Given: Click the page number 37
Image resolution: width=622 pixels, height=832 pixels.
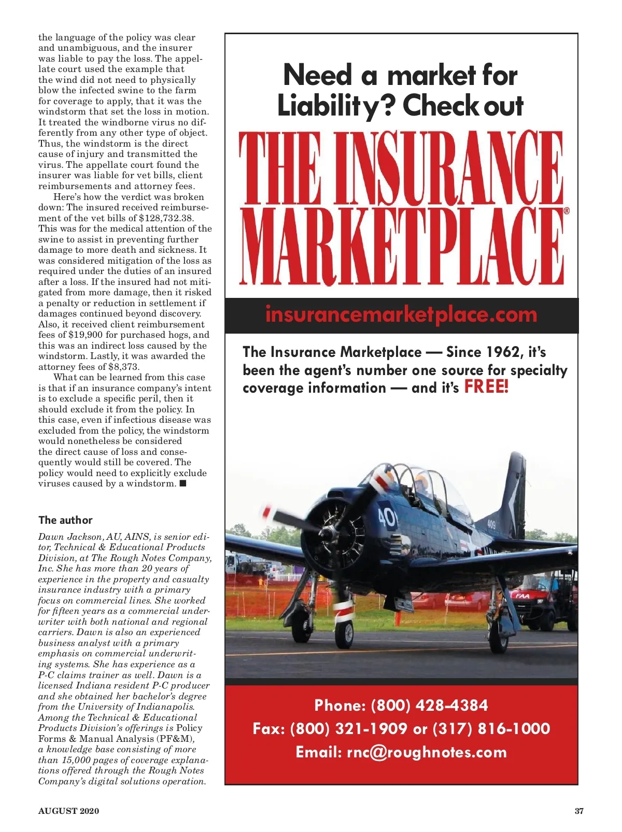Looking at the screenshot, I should tap(579, 811).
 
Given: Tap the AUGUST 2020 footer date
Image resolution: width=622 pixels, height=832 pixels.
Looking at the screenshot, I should tap(68, 811).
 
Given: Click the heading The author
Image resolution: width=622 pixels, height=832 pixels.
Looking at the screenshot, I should tap(65, 520).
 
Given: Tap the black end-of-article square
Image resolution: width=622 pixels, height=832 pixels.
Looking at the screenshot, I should tap(183, 484).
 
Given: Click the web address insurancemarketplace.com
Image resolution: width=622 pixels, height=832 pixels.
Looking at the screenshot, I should tap(401, 315).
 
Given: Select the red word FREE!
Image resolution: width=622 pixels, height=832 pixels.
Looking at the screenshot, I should tap(486, 386).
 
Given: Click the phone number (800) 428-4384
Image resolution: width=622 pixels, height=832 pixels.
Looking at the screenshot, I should tap(430, 705).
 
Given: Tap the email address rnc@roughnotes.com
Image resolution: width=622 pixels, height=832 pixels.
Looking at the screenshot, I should tap(427, 752).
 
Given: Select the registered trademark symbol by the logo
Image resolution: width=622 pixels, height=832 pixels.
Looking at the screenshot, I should tap(567, 211).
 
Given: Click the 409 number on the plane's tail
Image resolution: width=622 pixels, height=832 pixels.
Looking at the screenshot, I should tap(491, 525).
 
